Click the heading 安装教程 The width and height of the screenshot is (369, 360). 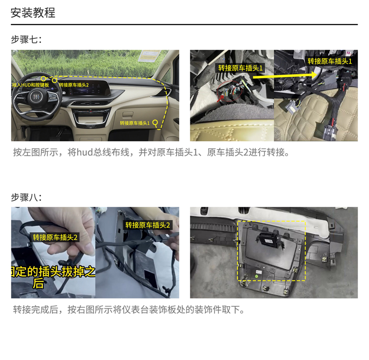33,12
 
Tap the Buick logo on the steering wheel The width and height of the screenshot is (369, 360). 36,97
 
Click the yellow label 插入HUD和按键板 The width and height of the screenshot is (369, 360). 31,85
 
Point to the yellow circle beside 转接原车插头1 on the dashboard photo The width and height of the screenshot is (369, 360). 155,122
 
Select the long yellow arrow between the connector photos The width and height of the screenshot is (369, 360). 285,76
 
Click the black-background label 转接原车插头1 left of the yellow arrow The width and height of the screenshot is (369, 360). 240,68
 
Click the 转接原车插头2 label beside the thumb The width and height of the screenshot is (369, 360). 55,237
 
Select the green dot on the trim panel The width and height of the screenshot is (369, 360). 257,276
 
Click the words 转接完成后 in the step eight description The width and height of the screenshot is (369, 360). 35,310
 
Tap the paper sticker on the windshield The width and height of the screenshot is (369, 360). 150,56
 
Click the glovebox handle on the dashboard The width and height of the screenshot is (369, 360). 128,115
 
